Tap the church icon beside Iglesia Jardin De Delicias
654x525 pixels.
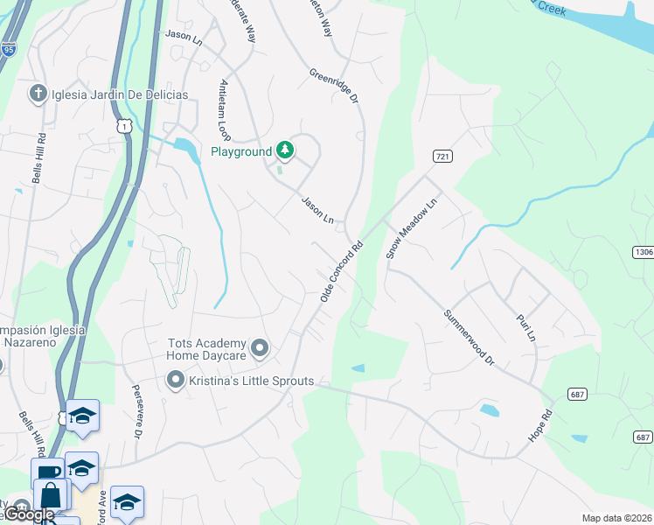point(38,94)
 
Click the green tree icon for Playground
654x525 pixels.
point(285,151)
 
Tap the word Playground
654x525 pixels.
point(241,151)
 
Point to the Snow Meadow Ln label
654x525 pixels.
point(410,227)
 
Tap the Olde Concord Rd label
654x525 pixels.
point(341,273)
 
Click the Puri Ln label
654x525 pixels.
point(525,323)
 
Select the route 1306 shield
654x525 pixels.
point(643,252)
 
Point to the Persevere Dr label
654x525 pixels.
point(136,411)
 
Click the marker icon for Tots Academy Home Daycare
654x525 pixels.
point(259,349)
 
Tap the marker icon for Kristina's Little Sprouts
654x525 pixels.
point(175,380)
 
